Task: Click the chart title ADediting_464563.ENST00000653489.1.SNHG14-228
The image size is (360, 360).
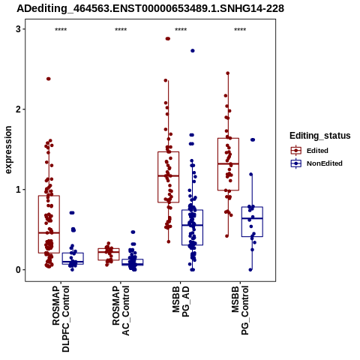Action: click(151, 8)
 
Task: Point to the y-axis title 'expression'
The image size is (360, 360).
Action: click(8, 150)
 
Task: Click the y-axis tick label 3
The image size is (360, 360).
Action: click(18, 29)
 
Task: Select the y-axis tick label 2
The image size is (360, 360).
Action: click(18, 109)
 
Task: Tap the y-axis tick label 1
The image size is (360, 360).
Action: click(18, 190)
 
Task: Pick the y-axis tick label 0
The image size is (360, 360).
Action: click(18, 270)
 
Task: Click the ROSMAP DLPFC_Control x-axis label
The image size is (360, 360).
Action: click(61, 319)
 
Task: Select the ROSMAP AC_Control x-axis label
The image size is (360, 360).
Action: click(121, 310)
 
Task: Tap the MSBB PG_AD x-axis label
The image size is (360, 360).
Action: click(181, 301)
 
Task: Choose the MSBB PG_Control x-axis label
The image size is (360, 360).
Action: click(240, 310)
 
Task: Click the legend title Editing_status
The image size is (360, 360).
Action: click(320, 136)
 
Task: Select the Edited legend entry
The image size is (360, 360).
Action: click(310, 151)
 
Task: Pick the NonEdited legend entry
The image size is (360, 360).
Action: click(316, 163)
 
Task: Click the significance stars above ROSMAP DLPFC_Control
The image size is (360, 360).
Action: click(61, 30)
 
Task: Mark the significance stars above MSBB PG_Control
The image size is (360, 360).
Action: click(240, 30)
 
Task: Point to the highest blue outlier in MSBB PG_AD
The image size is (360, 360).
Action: click(193, 51)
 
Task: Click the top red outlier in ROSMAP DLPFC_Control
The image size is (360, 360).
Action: click(49, 79)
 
